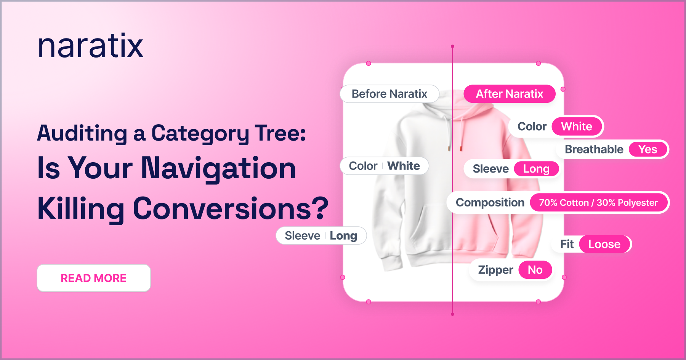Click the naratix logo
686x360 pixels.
pos(91,46)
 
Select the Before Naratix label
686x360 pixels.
pos(389,94)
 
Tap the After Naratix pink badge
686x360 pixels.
pos(510,94)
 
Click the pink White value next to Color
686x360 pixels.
pos(577,126)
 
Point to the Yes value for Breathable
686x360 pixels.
pos(648,149)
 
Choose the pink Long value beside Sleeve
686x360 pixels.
pos(536,169)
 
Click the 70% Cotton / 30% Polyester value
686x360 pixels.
pos(598,203)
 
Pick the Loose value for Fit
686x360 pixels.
pos(604,244)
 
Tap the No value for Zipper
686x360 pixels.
pos(535,270)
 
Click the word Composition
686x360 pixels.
pos(490,203)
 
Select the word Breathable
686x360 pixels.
pos(594,149)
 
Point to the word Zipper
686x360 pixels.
pos(495,270)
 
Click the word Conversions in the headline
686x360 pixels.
pos(231,208)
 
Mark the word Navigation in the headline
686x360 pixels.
pos(219,168)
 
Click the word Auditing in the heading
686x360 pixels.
pos(82,133)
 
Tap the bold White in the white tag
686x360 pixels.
pos(404,166)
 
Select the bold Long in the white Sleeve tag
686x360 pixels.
pos(343,236)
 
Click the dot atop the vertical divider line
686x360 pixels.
pos(452,46)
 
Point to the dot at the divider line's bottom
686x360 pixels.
pos(452,314)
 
